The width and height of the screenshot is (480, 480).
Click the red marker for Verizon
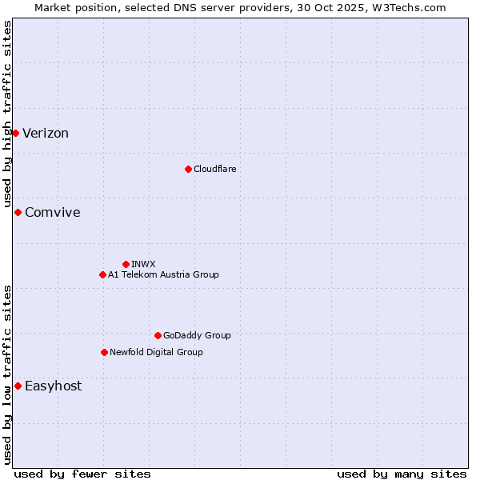point(15,133)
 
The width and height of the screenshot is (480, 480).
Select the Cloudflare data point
point(188,169)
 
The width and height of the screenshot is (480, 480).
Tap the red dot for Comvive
point(18,212)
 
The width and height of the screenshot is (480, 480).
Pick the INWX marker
point(126,264)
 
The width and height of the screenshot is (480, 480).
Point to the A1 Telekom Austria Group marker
point(102,274)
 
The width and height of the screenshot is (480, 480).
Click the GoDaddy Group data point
point(158,335)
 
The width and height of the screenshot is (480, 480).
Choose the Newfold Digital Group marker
point(104,352)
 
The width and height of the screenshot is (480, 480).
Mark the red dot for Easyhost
point(18,386)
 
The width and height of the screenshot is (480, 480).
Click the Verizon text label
point(46,133)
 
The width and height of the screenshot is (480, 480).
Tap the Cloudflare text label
point(214,169)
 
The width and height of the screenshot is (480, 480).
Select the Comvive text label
point(52,212)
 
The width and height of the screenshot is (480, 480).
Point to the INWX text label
point(143,264)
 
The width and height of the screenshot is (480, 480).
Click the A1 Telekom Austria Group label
point(163,274)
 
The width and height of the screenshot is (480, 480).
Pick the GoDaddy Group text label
point(197,335)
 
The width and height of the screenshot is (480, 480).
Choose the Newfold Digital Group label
point(156,352)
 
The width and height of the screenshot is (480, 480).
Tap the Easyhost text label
point(53,386)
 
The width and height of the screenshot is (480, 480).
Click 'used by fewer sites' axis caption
point(82,474)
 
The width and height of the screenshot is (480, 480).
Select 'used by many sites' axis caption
point(401,474)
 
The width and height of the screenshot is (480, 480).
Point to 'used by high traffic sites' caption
point(7,114)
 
